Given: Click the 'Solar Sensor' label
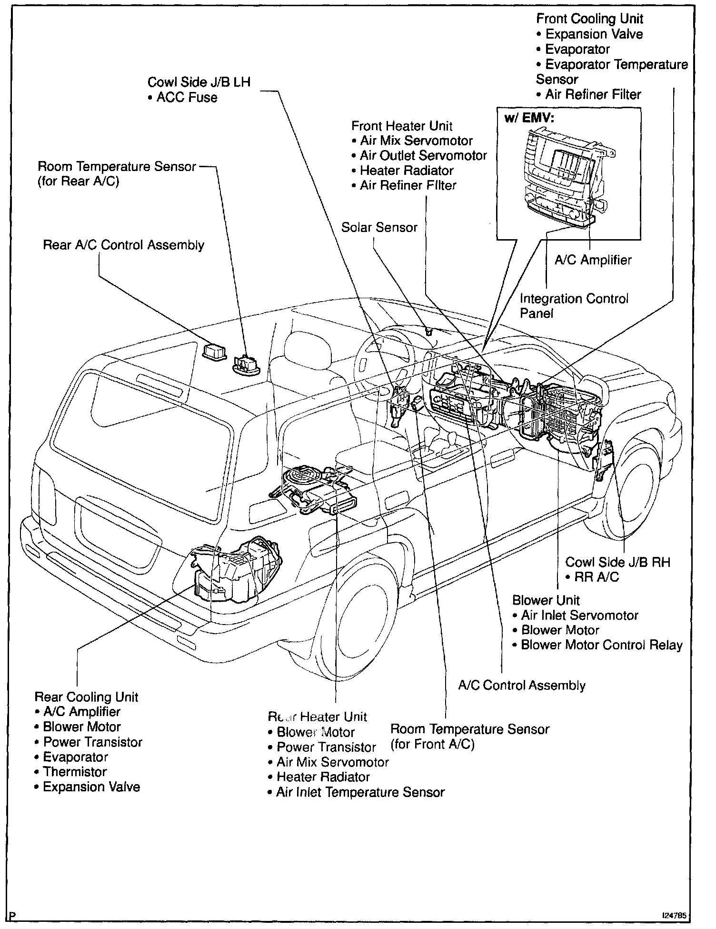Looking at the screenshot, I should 379,227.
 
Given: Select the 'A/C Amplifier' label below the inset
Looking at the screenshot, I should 593,260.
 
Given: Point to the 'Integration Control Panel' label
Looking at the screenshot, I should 574,305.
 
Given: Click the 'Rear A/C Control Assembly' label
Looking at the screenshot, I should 123,245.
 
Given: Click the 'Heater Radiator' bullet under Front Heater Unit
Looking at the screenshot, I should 407,171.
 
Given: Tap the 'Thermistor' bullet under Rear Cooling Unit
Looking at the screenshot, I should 75,772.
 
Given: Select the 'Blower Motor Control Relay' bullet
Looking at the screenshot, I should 602,645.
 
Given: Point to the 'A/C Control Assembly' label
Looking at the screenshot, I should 521,686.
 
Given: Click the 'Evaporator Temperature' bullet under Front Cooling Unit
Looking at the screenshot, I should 617,64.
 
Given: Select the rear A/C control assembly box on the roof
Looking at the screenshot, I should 214,352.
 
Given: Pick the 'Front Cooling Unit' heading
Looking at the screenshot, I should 589,19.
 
